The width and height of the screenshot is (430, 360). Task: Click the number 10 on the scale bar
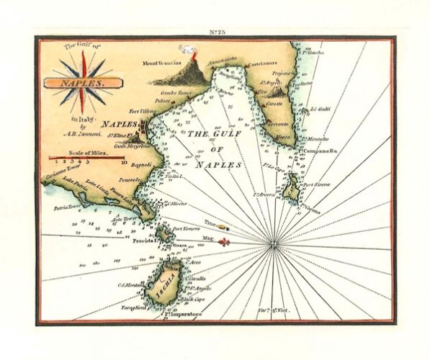click(125, 163)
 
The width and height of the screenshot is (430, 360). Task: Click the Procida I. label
click(145, 242)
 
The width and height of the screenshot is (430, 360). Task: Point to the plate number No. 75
click(218, 30)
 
